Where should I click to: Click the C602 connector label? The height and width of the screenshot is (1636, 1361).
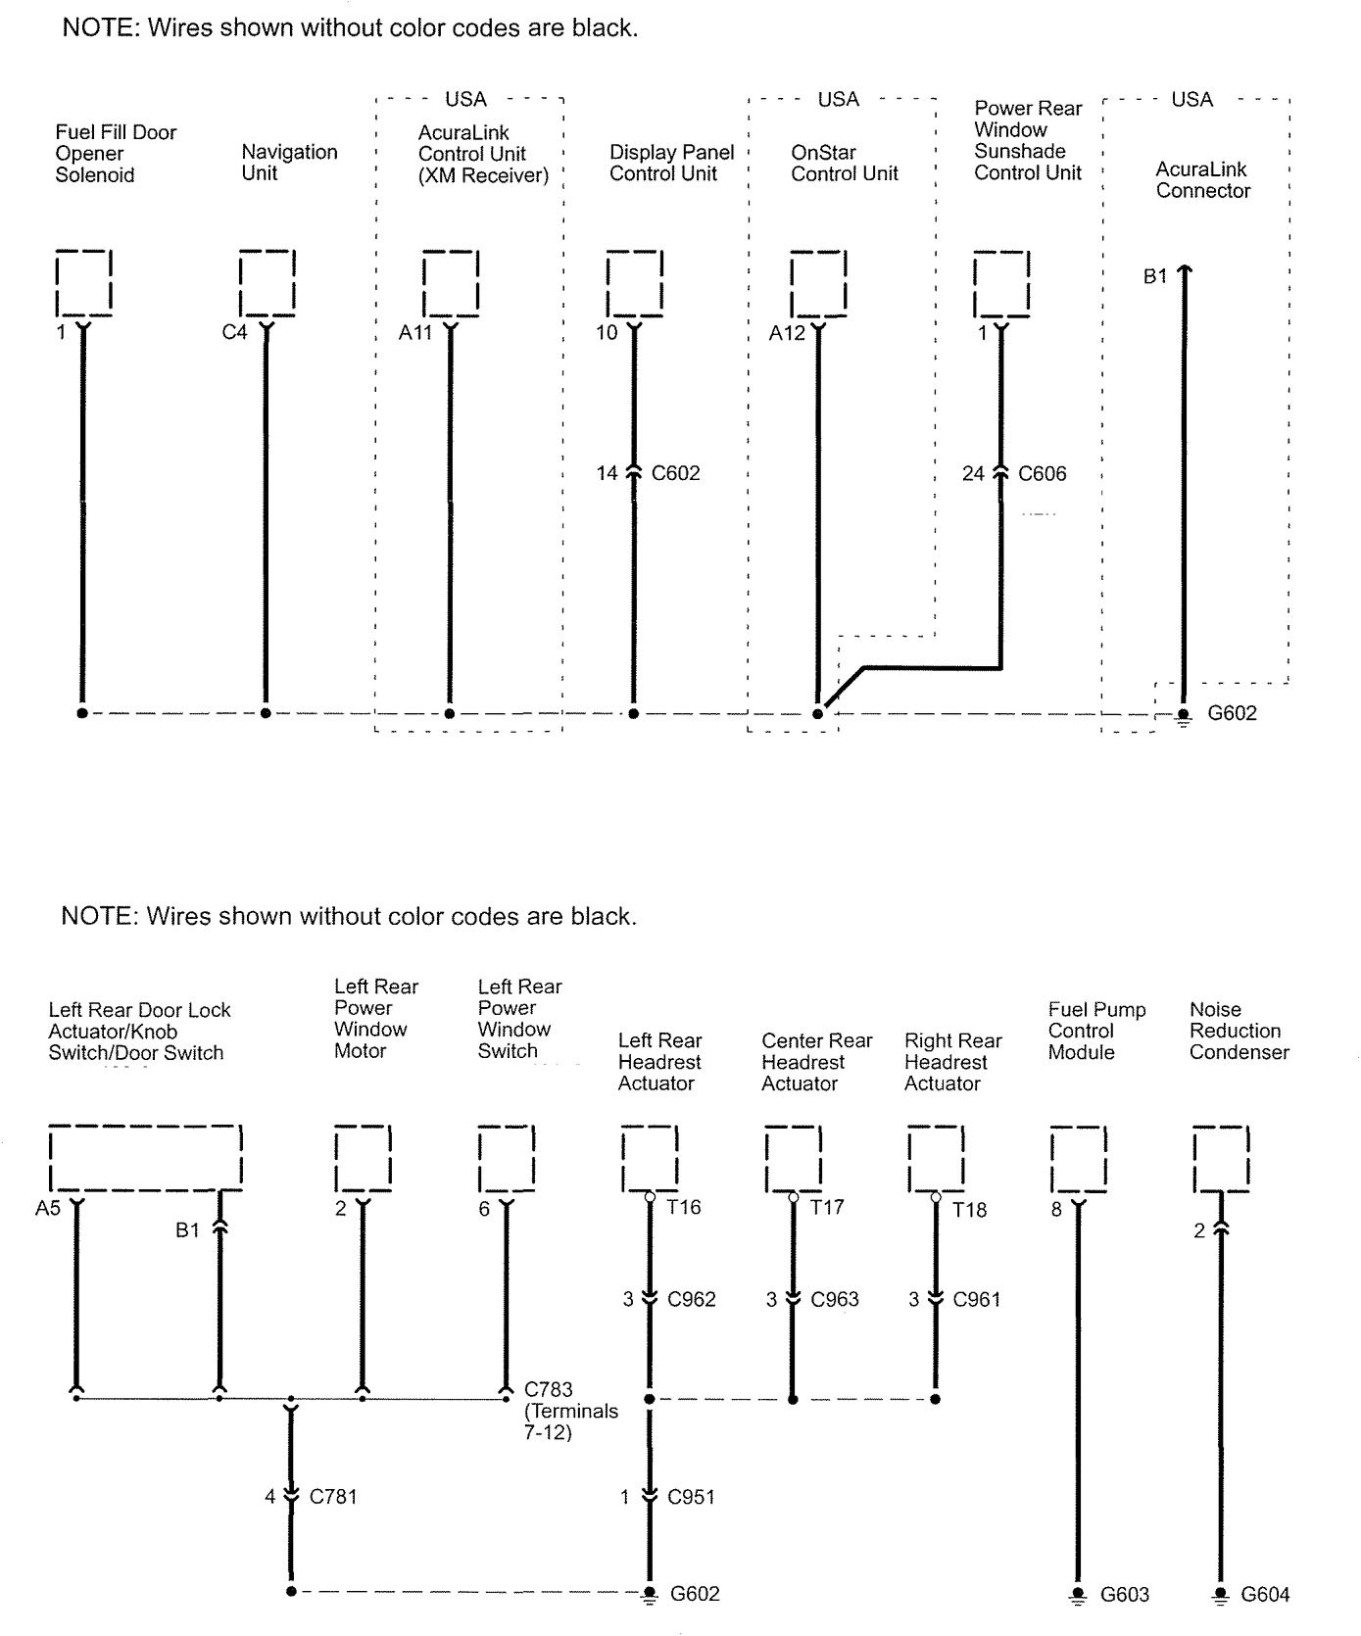tap(675, 473)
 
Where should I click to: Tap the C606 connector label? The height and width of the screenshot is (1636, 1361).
tap(1042, 473)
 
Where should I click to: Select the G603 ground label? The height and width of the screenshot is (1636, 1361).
tap(1124, 1594)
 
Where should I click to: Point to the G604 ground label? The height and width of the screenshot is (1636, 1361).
tap(1265, 1594)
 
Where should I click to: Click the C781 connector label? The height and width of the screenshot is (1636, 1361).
tap(333, 1496)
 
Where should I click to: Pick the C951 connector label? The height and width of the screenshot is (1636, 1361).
tap(691, 1496)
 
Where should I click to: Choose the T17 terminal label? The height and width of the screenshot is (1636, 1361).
tap(827, 1207)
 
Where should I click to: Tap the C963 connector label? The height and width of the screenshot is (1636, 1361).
tap(835, 1299)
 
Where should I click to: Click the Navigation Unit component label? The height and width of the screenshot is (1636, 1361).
tap(289, 163)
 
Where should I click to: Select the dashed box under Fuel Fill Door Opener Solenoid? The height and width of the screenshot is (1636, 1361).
tap(83, 283)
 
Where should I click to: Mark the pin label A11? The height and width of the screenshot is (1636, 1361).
tap(415, 333)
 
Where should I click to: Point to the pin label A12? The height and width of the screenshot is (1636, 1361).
tap(786, 333)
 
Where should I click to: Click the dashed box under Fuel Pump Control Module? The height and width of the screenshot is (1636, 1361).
tap(1078, 1159)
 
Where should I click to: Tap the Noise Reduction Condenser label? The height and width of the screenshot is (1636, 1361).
tap(1239, 1031)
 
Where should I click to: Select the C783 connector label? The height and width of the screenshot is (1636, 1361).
tap(548, 1389)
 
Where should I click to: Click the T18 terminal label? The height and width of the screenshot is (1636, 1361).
tap(969, 1209)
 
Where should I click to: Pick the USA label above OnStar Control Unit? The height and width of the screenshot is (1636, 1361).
tap(838, 99)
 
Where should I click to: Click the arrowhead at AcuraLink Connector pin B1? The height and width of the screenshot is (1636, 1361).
tap(1184, 269)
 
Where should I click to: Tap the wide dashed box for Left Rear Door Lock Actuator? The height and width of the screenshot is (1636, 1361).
tap(145, 1158)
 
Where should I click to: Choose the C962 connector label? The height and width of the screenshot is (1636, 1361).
tap(691, 1299)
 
